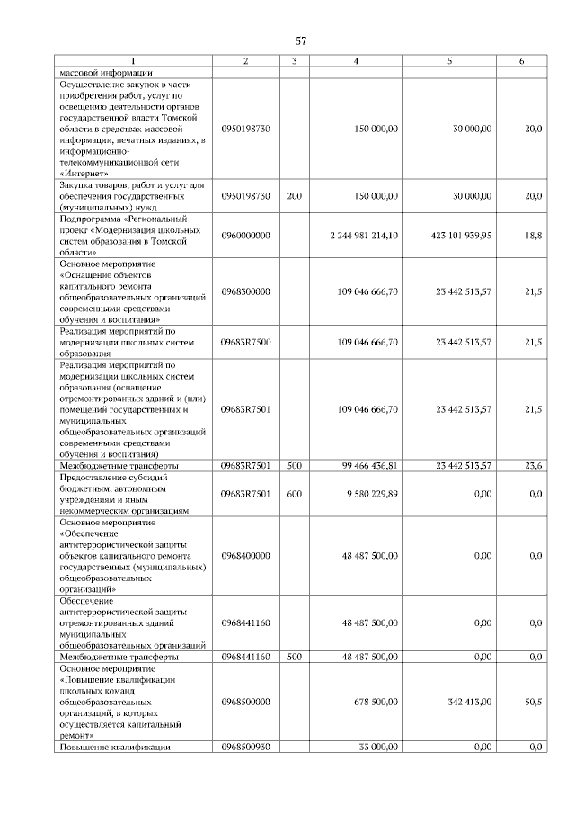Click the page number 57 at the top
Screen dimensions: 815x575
pyautogui.click(x=302, y=41)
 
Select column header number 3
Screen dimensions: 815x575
pyautogui.click(x=293, y=61)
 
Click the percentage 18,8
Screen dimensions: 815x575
pyautogui.click(x=533, y=235)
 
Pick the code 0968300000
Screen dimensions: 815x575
pyautogui.click(x=245, y=293)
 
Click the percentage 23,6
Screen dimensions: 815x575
pyautogui.click(x=533, y=466)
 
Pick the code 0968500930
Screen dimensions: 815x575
pyautogui.click(x=245, y=747)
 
